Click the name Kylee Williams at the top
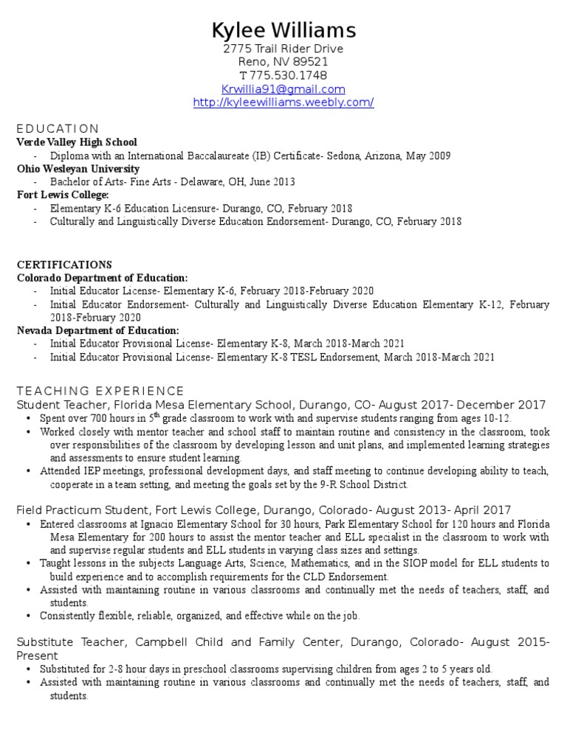(283, 30)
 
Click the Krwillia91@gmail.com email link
(283, 89)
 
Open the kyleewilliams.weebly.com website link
(283, 102)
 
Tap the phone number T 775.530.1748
(283, 76)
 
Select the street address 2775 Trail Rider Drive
(283, 49)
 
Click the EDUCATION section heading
(58, 128)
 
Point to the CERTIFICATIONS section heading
(64, 265)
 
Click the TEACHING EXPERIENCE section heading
(100, 391)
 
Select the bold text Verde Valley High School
(77, 142)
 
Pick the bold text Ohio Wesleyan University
(78, 169)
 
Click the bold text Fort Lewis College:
(63, 195)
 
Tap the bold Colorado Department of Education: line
(103, 278)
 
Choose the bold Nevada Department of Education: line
(98, 331)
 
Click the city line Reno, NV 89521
(283, 63)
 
